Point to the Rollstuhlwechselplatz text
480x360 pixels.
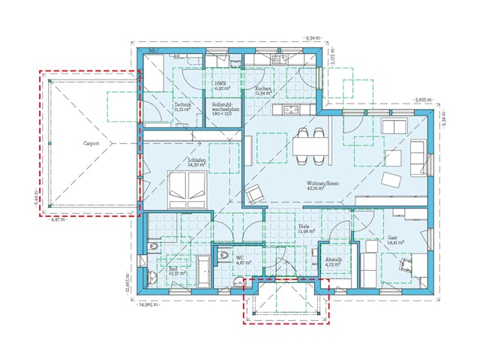pos(225,108)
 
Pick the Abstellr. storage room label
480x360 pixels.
pos(333,262)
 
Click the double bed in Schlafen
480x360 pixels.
pos(185,190)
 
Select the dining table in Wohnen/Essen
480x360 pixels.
pos(310,143)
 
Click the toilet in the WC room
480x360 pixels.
pos(223,256)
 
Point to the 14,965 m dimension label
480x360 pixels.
pos(151,305)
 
